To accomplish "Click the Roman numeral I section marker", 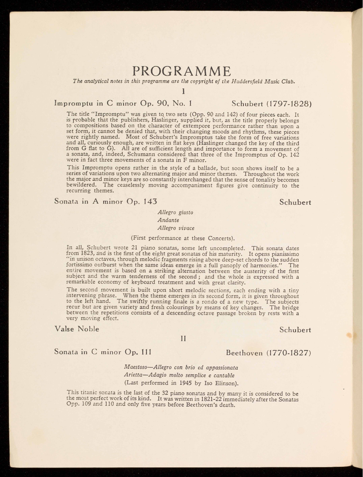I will (184, 91).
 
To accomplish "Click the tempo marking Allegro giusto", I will (175, 213).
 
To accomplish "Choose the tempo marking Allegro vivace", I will (176, 228).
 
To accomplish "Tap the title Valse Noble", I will (77, 329).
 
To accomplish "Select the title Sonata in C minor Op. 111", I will (103, 352).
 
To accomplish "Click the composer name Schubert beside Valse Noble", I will (295, 330).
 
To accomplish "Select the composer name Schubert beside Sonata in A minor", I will (295, 202).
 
